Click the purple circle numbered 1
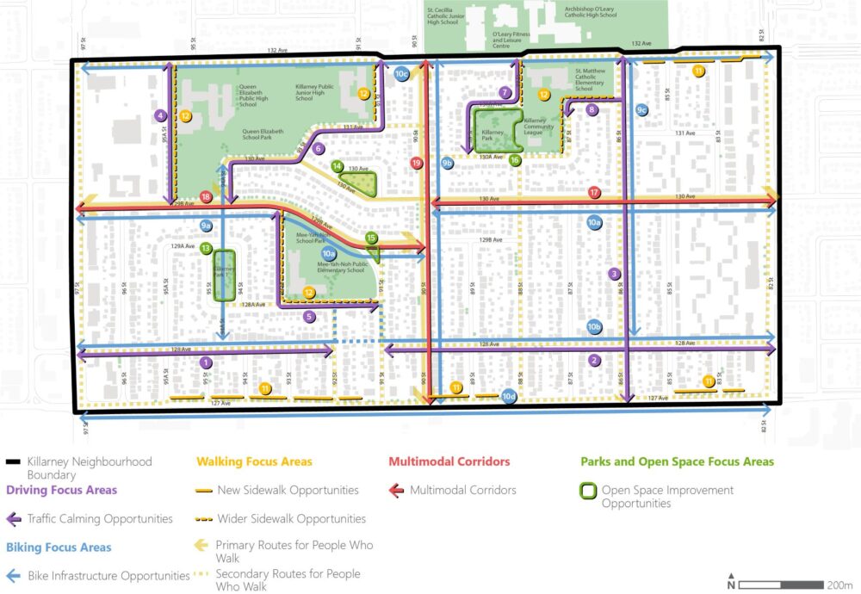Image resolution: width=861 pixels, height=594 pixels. pyautogui.click(x=206, y=363)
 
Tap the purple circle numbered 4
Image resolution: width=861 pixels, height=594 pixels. pyautogui.click(x=160, y=114)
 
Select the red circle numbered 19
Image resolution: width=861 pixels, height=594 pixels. pyautogui.click(x=417, y=163)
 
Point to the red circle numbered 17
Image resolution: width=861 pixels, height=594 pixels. pyautogui.click(x=593, y=192)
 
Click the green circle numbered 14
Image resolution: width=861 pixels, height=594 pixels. pyautogui.click(x=338, y=166)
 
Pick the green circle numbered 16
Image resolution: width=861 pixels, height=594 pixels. pyautogui.click(x=515, y=160)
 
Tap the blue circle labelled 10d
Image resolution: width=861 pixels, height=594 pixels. pyautogui.click(x=508, y=396)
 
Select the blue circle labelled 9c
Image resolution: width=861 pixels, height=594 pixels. pyautogui.click(x=641, y=110)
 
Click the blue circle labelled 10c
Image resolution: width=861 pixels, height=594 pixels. pyautogui.click(x=401, y=75)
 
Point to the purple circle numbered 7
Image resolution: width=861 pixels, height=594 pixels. pyautogui.click(x=505, y=92)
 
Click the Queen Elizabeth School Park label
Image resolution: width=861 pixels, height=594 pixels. pyautogui.click(x=264, y=133)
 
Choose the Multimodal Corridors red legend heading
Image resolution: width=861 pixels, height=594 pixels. pyautogui.click(x=449, y=461)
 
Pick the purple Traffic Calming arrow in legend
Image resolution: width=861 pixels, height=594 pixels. pyautogui.click(x=15, y=519)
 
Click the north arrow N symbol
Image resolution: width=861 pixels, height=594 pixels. pyautogui.click(x=731, y=580)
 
